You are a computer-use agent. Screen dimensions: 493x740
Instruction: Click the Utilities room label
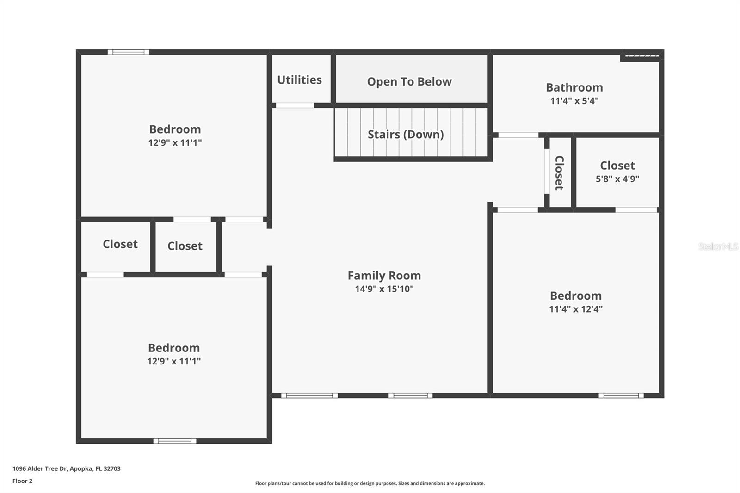pos(299,80)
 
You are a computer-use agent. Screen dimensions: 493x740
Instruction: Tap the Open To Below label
pos(409,82)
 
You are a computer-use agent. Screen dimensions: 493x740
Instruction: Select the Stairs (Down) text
pos(406,135)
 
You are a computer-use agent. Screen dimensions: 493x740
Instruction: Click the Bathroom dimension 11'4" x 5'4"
pos(574,101)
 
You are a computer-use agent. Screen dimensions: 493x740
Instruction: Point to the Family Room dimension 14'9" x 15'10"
pos(384,289)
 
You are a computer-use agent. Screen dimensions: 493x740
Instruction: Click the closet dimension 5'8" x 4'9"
pos(617,179)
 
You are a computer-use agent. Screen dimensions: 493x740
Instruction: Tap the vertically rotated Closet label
pos(559,173)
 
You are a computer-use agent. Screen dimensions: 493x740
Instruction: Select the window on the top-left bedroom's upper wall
pos(129,52)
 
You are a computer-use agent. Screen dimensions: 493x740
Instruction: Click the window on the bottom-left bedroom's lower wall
pos(175,441)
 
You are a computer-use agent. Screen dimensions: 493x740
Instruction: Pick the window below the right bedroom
pos(621,395)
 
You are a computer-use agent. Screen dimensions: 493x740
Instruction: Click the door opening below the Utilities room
pos(295,105)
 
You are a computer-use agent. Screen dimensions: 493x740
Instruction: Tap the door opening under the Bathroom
pos(518,135)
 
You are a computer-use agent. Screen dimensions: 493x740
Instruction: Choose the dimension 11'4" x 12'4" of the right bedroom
pos(575,309)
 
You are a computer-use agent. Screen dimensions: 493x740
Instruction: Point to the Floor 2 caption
pos(22,481)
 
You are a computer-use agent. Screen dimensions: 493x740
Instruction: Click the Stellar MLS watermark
pos(718,246)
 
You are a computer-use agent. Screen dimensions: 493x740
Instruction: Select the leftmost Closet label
pos(120,244)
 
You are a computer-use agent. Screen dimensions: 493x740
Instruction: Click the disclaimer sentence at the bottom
pos(370,483)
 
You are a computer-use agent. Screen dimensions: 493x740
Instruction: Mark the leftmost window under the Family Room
pos(309,395)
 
